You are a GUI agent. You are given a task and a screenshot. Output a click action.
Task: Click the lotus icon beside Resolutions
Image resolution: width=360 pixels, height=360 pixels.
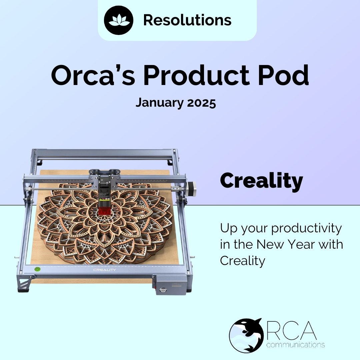(x=119, y=20)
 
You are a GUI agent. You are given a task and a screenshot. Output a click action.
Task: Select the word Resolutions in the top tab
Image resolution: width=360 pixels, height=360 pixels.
(x=187, y=20)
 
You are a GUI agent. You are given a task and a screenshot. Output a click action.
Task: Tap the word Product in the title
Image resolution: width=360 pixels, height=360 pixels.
(x=193, y=76)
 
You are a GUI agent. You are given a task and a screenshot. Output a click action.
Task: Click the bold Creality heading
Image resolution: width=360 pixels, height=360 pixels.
(x=261, y=181)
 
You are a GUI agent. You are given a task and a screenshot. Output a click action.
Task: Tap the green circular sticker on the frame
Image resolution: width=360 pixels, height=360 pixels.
(x=37, y=268)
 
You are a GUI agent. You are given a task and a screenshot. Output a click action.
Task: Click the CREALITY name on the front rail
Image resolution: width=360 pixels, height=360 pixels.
(x=105, y=270)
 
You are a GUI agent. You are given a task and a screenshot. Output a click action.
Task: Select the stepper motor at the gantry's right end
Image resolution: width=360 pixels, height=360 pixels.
(x=192, y=189)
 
